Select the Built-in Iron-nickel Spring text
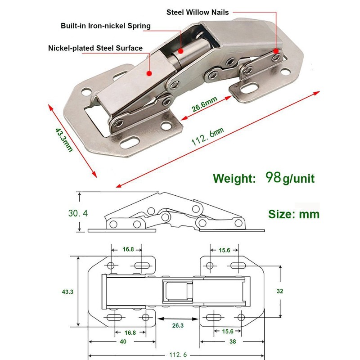click(106, 26)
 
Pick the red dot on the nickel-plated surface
click(149, 71)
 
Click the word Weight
click(234, 178)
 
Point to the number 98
click(274, 177)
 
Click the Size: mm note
click(294, 214)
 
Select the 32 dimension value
click(280, 291)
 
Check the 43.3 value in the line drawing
click(67, 292)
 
